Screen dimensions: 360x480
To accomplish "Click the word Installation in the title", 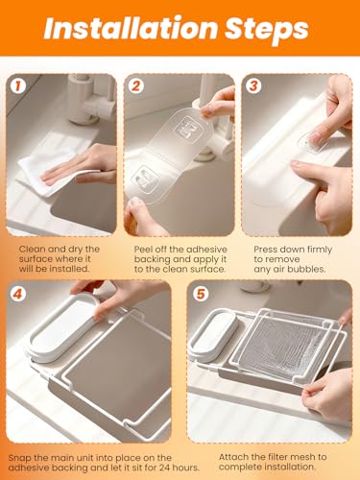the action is tap(131, 28).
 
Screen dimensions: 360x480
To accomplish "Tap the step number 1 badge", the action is tap(18, 85).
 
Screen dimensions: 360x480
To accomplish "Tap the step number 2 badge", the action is tap(136, 85).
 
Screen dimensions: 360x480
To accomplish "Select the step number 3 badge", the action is tap(253, 85).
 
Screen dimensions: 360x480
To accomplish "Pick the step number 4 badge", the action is tap(18, 294).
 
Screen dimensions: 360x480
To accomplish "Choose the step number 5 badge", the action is tap(201, 294).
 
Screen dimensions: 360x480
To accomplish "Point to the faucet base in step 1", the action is tap(83, 119).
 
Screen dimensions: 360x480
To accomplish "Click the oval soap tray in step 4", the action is tap(64, 329).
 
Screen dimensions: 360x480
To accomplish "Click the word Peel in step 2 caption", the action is tap(143, 250).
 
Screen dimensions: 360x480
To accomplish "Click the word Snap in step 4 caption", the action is tap(18, 458).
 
